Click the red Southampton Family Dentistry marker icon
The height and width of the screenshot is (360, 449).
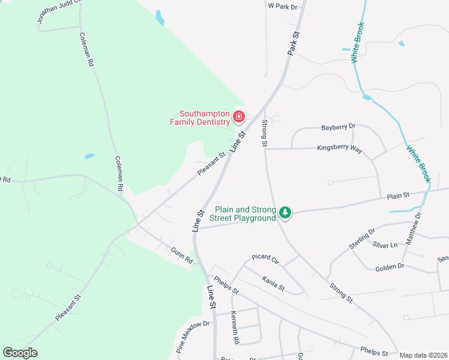(x=239, y=116)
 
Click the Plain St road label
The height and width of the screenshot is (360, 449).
(x=398, y=195)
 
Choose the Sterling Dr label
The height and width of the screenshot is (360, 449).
(x=362, y=238)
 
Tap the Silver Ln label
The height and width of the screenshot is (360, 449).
(x=385, y=245)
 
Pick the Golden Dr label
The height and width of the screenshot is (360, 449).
(x=390, y=266)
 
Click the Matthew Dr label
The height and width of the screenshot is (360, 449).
(x=414, y=228)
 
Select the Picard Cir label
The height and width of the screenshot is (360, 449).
(x=266, y=258)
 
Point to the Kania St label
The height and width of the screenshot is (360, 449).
(x=273, y=281)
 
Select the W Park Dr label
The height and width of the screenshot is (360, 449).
(x=283, y=7)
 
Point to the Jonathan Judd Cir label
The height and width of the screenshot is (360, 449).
(x=58, y=11)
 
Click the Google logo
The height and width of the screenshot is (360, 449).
(x=20, y=353)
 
